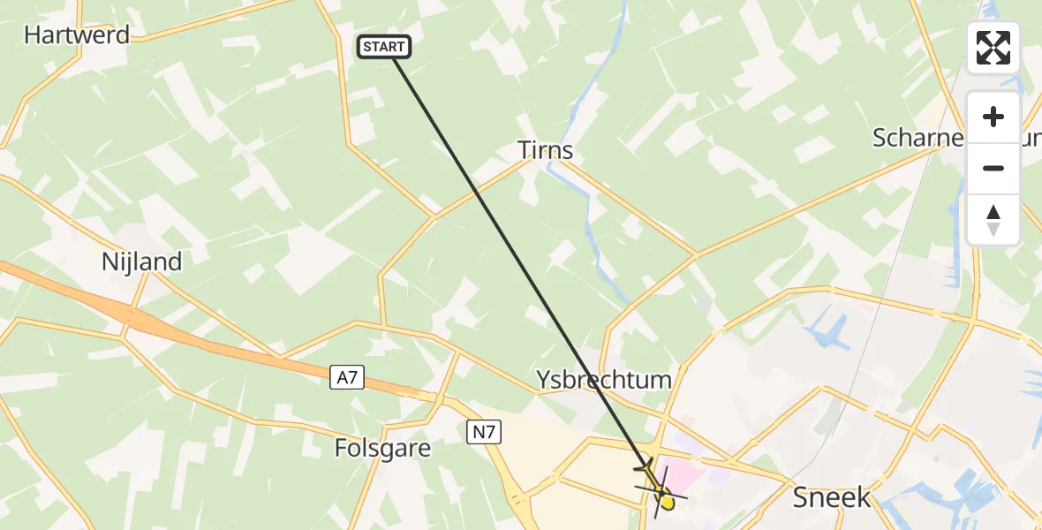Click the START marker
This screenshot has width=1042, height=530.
point(384,47)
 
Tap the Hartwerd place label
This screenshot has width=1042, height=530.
point(77,35)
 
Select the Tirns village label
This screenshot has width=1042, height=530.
point(546,150)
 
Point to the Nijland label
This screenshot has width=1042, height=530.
point(142,262)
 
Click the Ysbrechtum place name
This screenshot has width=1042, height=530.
point(604,381)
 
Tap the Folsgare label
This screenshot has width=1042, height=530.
point(382,449)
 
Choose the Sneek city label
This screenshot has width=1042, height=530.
point(832,497)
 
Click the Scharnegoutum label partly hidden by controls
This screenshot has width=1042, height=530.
point(918,138)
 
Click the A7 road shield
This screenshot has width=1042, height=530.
point(347,378)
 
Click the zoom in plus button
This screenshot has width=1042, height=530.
point(993,117)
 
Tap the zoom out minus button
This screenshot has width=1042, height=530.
point(993,168)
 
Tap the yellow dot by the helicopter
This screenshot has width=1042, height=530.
point(668,503)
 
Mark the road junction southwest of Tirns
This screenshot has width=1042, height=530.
point(433,216)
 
